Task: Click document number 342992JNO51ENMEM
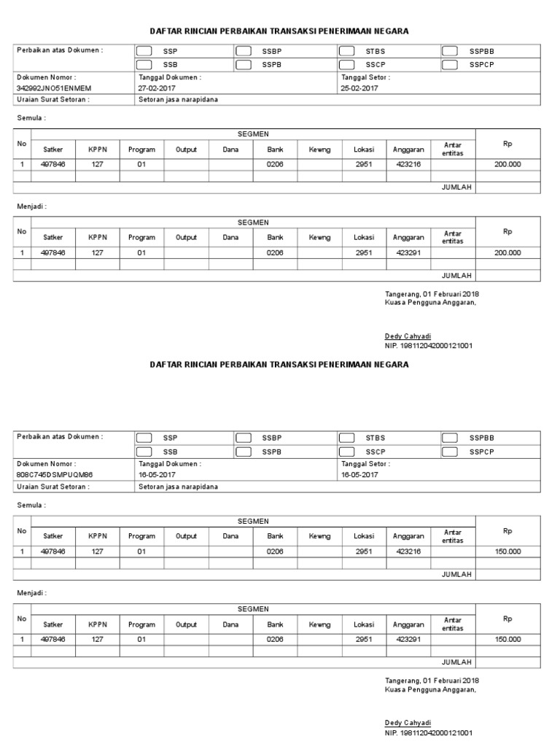[x=54, y=88]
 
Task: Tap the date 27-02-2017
[x=157, y=88]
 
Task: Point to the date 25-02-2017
[x=359, y=88]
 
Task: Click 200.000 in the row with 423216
[x=507, y=165]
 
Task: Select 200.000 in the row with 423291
[x=507, y=252]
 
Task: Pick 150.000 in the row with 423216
[x=507, y=551]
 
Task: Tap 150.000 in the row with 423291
[x=507, y=639]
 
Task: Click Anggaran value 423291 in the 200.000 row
[x=408, y=252]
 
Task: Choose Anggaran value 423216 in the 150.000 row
[x=408, y=551]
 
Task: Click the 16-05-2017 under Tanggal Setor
[x=359, y=475]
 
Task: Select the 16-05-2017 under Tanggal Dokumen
[x=157, y=475]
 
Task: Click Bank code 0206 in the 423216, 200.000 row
[x=275, y=165]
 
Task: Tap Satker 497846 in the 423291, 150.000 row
[x=53, y=639]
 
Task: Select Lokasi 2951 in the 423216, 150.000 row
[x=364, y=551]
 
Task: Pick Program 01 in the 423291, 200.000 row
[x=141, y=252]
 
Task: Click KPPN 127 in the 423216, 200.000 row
[x=98, y=165]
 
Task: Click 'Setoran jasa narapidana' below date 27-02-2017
[x=178, y=100]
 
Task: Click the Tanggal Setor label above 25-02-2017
[x=365, y=77]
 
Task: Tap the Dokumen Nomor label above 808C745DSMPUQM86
[x=46, y=464]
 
